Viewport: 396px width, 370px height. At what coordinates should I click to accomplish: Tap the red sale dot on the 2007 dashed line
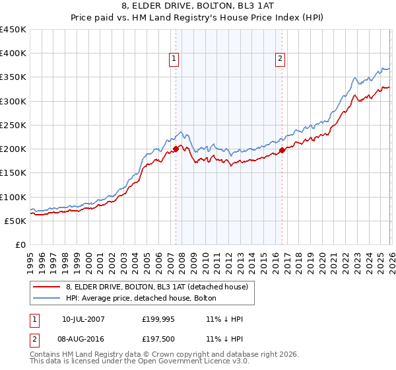(x=176, y=149)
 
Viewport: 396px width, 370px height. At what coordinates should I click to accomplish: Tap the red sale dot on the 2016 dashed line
(x=282, y=151)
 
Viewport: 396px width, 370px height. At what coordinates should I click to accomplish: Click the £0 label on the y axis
(x=21, y=244)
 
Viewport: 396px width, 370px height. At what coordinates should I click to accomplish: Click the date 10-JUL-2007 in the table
(x=83, y=319)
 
